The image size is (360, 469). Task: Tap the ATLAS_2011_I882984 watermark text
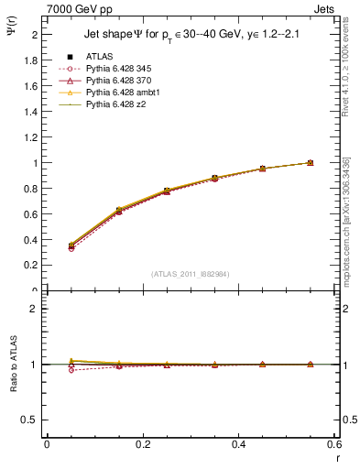click(191, 274)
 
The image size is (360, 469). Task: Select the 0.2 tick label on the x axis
click(142, 444)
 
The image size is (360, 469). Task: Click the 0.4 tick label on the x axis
click(238, 444)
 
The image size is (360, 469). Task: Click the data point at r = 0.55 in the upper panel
click(311, 163)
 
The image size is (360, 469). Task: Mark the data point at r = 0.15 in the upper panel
click(118, 212)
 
